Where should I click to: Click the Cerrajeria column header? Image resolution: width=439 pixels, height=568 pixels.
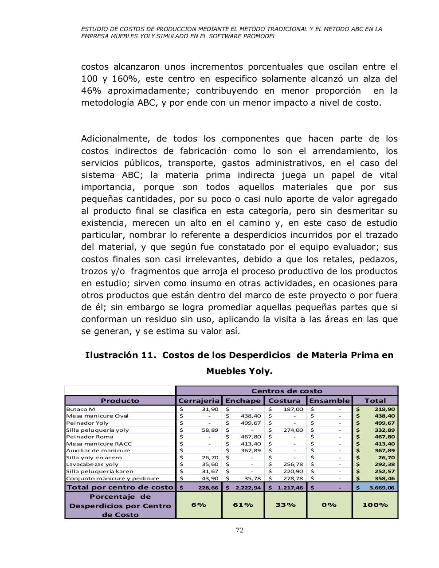[198, 400]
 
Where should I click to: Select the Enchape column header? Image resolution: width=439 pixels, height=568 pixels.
[243, 400]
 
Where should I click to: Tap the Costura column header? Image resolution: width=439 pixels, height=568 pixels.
[285, 400]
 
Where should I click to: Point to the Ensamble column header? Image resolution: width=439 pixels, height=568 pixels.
[329, 400]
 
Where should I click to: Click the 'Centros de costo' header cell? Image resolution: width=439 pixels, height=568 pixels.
[286, 391]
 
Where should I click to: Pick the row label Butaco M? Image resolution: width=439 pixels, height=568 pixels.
[80, 409]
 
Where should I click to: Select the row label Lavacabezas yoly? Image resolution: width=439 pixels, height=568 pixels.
[92, 464]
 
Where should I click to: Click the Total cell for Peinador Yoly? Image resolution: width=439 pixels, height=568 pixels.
[375, 423]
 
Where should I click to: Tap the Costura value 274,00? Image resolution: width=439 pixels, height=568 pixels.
[293, 430]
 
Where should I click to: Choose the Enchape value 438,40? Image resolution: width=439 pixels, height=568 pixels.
[251, 416]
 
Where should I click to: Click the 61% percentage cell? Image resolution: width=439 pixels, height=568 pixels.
[243, 505]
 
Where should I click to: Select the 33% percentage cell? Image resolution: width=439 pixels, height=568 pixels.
[285, 505]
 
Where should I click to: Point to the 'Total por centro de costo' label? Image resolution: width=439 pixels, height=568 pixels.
[120, 487]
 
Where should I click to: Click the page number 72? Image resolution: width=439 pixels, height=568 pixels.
[239, 530]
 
